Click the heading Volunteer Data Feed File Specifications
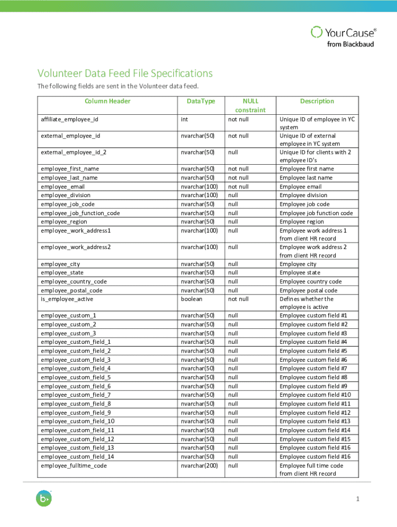[124, 74]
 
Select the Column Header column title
[108, 101]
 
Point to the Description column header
[317, 101]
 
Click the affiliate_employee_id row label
[69, 119]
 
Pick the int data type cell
[184, 119]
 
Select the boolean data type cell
[191, 299]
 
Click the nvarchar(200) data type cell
[199, 466]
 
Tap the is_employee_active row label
[67, 299]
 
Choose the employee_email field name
[63, 187]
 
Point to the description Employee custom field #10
[315, 395]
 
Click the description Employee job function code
[316, 213]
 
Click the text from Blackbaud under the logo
[351, 44]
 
